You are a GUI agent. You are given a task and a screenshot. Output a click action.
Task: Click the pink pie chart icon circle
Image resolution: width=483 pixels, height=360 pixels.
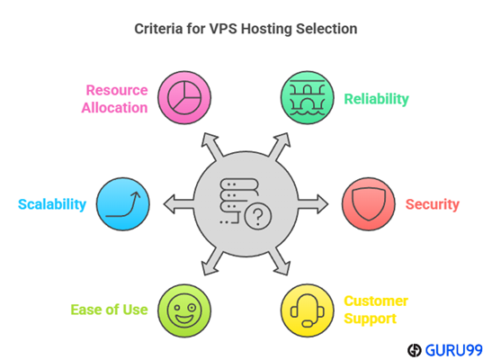[x=184, y=98]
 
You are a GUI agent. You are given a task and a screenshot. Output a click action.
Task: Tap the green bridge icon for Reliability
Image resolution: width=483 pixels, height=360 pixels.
[x=307, y=98]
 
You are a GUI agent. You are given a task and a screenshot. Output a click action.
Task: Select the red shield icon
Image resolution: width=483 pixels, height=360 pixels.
[x=369, y=204]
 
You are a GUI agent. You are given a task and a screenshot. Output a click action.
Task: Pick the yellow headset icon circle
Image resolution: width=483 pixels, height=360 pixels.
[x=307, y=310]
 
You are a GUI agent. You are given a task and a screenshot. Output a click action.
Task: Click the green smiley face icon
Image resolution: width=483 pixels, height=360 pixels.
[x=184, y=310]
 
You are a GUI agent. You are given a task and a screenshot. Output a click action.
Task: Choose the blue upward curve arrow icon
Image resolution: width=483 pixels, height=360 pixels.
[x=123, y=204]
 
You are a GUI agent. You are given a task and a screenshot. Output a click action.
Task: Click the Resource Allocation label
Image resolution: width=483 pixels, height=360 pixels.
[x=114, y=99]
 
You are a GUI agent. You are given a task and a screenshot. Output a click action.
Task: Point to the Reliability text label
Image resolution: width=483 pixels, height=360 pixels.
[x=377, y=99]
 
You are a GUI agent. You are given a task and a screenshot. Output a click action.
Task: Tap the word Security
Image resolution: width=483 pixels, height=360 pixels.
[x=432, y=204]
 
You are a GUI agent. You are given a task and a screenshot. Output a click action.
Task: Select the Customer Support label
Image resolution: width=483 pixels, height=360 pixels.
[x=376, y=310]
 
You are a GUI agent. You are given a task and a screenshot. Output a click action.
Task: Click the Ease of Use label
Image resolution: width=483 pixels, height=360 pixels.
[x=109, y=310]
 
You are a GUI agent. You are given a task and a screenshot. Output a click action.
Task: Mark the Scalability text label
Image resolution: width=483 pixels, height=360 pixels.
[x=52, y=204]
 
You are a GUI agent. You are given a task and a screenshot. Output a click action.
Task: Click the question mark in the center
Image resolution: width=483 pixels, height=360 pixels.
[x=258, y=216]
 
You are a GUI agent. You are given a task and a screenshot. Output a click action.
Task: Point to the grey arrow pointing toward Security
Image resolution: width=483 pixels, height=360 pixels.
[x=313, y=204]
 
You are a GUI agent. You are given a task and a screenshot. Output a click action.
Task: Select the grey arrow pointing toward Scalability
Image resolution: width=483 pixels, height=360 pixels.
[x=179, y=204]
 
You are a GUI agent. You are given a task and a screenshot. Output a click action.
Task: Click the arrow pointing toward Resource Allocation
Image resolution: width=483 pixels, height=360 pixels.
[x=212, y=146]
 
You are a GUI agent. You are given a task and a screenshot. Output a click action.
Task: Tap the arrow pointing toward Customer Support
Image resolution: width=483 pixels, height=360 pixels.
[x=280, y=262]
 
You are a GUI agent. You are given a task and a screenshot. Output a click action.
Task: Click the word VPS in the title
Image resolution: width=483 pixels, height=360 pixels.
[x=223, y=29]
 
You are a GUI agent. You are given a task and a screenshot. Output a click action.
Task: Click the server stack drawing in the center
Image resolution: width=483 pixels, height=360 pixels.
[x=239, y=201]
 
